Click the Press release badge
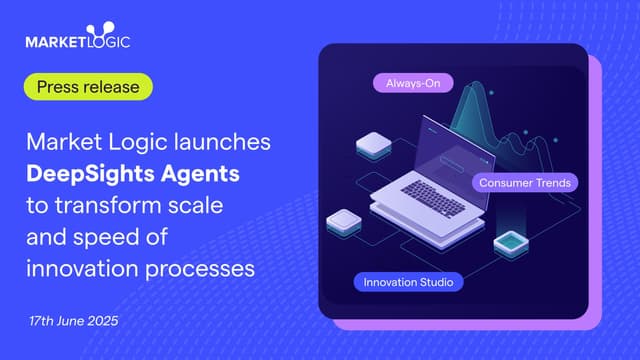point(89,86)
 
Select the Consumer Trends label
point(524,183)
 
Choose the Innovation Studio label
point(408,282)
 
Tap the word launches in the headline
point(226,142)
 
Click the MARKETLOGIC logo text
point(78,42)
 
